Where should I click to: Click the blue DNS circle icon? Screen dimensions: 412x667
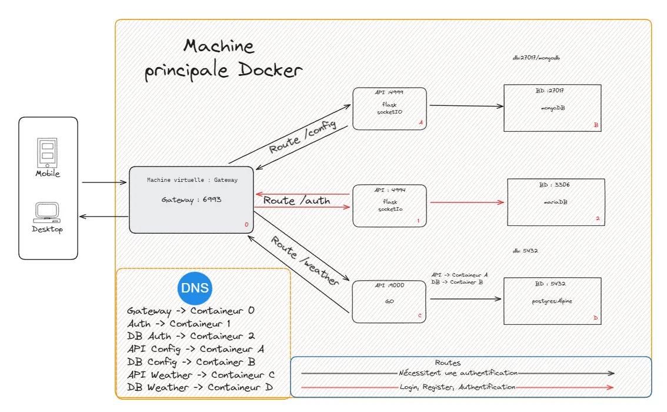coord(194,288)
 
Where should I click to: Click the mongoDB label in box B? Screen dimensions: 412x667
coord(552,108)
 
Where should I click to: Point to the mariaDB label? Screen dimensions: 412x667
coord(556,202)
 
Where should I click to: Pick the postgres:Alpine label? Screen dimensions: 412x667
coord(552,301)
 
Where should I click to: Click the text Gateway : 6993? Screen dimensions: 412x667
coord(192,200)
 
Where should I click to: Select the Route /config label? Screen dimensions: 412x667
coord(302,137)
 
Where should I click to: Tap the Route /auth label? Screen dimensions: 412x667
coord(296,201)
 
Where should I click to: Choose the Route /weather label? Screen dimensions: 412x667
coord(305,261)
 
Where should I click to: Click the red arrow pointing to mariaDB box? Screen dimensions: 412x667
coord(467,202)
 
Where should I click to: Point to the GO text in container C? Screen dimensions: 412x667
coord(389,301)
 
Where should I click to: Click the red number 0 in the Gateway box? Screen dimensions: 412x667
coord(246,225)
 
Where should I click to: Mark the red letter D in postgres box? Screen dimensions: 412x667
coord(595,318)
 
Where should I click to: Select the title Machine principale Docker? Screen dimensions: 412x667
coord(223,58)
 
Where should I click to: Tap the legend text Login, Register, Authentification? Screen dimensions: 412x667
coord(457,387)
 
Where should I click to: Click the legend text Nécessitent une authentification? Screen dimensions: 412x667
coord(458,373)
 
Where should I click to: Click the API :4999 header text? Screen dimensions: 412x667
coord(389,92)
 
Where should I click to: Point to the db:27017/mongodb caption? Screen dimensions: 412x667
coord(536,59)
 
